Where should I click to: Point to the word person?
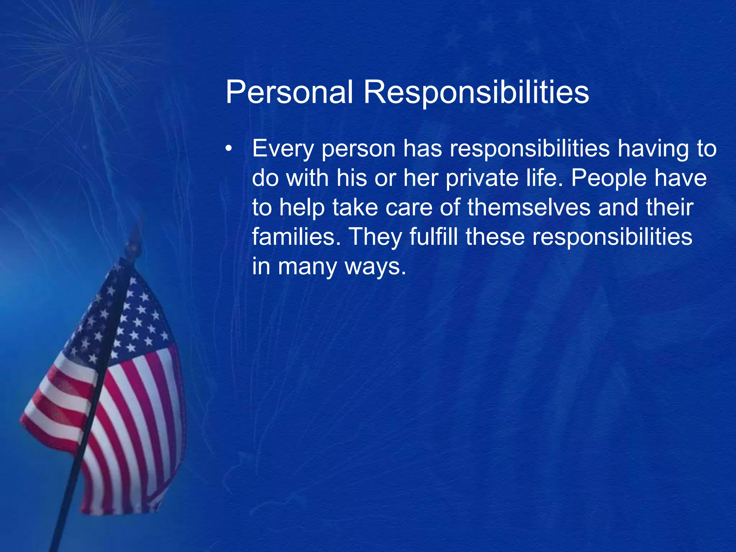point(358,149)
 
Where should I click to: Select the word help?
point(302,208)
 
